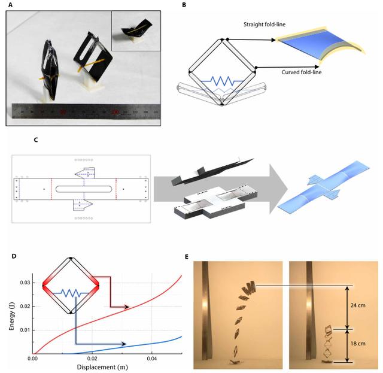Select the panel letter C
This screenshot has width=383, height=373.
36,141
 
